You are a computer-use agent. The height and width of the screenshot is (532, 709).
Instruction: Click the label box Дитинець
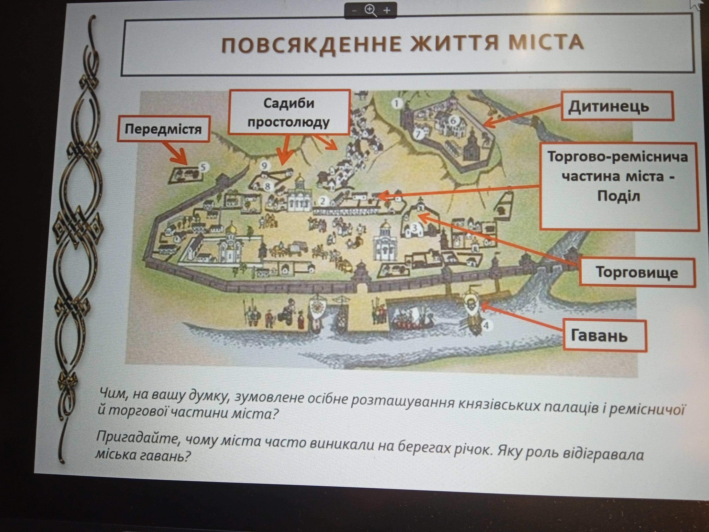tap(617, 106)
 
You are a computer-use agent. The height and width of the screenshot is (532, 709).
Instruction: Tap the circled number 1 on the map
tap(397, 103)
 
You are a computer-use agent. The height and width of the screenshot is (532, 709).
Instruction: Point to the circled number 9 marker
tap(265, 165)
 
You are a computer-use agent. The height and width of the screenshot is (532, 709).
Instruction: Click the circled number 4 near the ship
tap(486, 326)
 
